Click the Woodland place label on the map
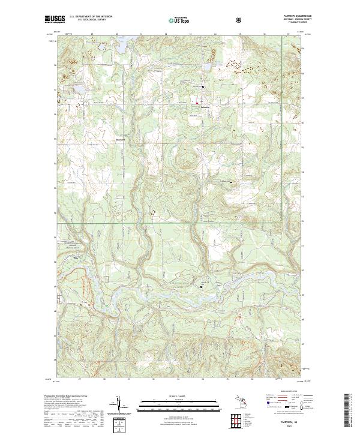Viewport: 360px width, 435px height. (x=120, y=140)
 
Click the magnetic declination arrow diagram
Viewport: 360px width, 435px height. (x=123, y=406)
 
